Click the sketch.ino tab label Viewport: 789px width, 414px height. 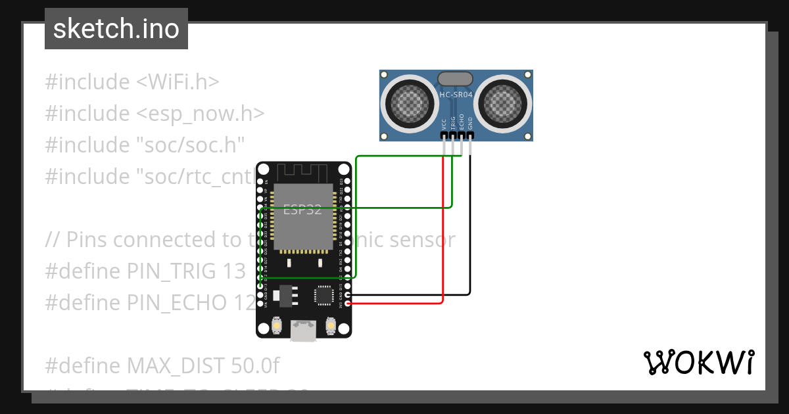coord(116,29)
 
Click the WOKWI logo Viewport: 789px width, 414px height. coord(698,362)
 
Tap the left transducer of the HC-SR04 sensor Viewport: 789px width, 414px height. coord(412,103)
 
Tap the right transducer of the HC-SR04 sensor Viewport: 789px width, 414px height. coord(502,103)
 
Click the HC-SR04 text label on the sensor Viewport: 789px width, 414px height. coord(456,95)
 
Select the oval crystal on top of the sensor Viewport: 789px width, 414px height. coord(455,79)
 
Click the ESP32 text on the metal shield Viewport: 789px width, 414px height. coord(302,210)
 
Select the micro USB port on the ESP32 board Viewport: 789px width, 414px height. coord(303,331)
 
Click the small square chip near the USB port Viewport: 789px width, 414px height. coord(324,295)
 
